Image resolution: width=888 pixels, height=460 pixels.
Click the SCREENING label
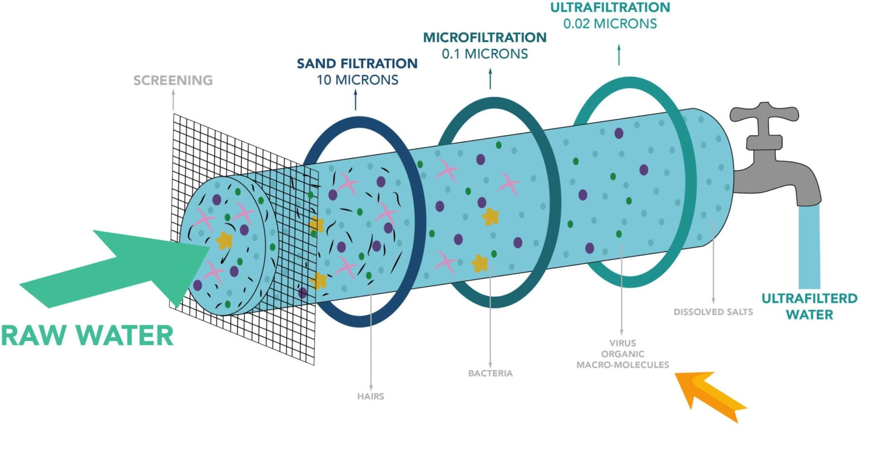click(173, 80)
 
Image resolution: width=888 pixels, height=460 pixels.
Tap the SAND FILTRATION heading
click(357, 64)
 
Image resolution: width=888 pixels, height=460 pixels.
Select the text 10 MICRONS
click(357, 80)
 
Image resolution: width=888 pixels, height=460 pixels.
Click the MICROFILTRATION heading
click(485, 37)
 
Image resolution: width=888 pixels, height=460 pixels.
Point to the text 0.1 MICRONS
click(485, 54)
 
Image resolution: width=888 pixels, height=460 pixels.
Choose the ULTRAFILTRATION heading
click(610, 7)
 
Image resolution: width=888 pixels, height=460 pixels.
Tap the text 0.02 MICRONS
click(610, 24)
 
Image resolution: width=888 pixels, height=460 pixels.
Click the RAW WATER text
click(87, 336)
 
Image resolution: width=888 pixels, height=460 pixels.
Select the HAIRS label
click(370, 396)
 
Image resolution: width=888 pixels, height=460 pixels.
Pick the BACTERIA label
click(490, 373)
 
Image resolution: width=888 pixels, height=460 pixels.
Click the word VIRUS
click(623, 343)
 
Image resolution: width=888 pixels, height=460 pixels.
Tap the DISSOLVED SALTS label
click(713, 312)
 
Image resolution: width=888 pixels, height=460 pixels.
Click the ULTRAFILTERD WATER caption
click(810, 306)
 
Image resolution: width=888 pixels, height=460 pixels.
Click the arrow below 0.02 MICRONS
click(619, 54)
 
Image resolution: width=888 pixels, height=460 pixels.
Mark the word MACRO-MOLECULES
click(623, 365)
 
